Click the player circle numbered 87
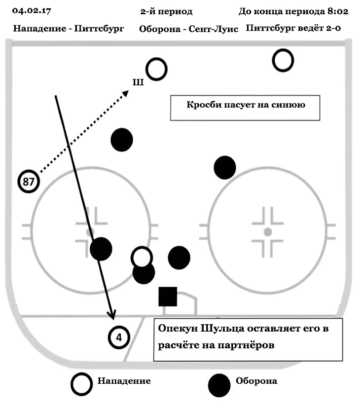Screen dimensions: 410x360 click(29, 182)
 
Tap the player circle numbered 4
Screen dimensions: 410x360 click(119, 338)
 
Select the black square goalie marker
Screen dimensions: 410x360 click(168, 297)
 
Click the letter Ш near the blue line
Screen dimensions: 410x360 click(138, 82)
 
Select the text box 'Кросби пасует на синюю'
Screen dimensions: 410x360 click(246, 107)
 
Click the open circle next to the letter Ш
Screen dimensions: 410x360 click(157, 69)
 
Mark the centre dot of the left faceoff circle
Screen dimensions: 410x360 click(90, 231)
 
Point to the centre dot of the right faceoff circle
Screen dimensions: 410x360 click(267, 231)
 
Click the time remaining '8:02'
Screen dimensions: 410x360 click(337, 11)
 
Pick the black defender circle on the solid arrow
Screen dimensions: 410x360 click(102, 249)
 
